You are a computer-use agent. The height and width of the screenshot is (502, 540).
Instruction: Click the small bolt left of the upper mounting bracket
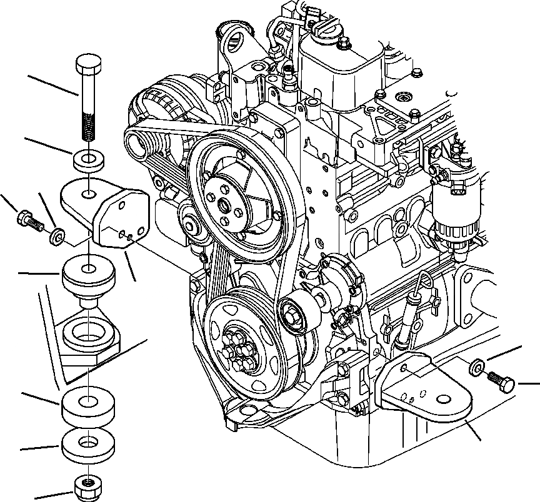coord(27,220)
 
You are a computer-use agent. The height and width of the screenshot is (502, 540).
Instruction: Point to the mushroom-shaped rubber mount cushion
coord(88,277)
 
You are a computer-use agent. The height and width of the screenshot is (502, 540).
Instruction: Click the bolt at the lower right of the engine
coord(501,381)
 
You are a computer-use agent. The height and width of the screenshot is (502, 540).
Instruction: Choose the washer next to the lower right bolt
coord(476,367)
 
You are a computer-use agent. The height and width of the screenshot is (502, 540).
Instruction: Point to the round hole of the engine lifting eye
coord(236,44)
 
